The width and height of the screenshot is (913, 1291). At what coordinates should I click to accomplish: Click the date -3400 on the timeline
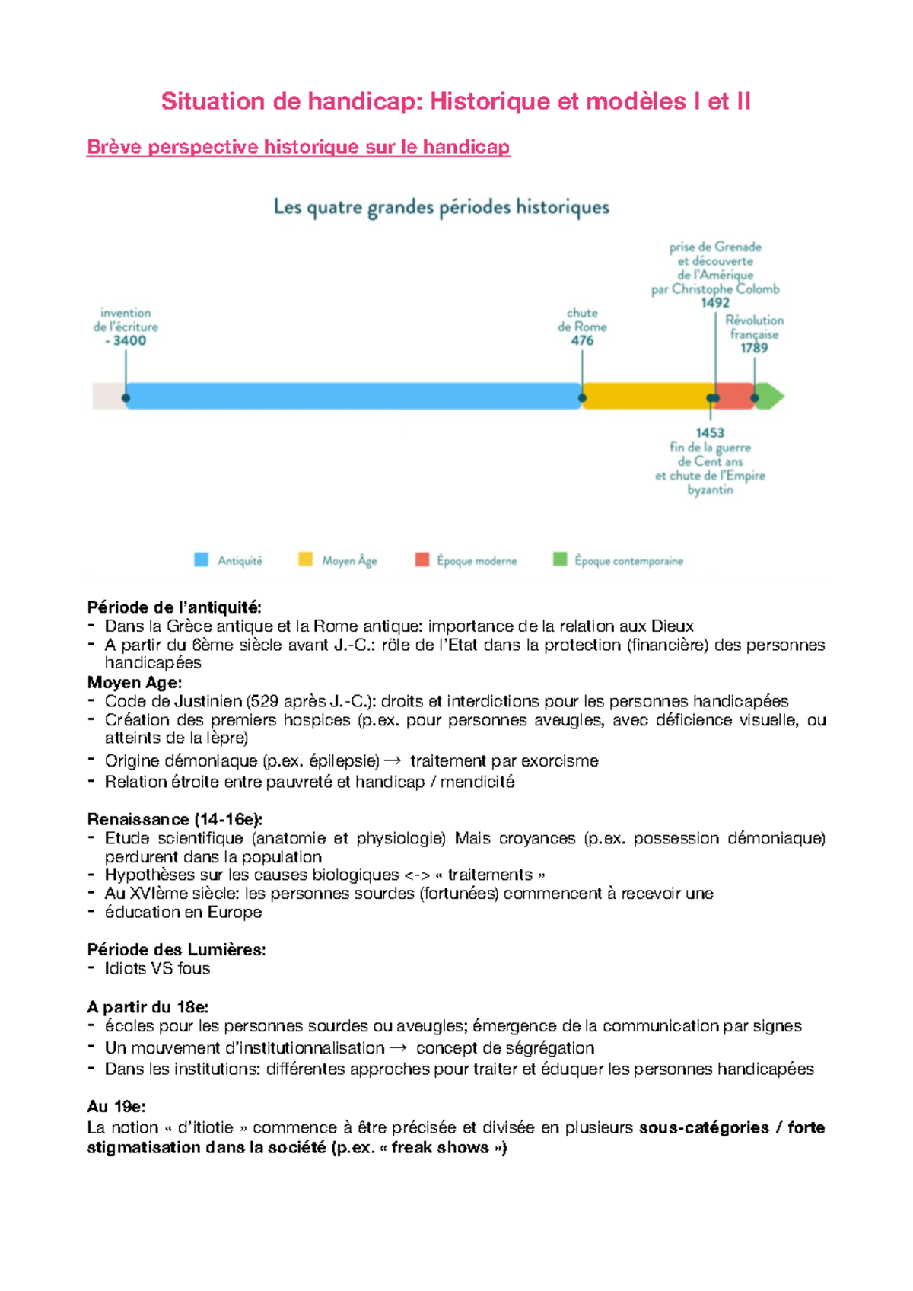(x=127, y=340)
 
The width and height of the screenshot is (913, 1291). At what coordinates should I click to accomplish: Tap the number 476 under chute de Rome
(x=582, y=340)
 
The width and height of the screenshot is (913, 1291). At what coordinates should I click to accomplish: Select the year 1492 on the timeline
(x=715, y=302)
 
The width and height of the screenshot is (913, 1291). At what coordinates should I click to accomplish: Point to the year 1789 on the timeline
(x=754, y=348)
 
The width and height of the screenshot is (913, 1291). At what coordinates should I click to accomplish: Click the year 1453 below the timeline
(x=710, y=432)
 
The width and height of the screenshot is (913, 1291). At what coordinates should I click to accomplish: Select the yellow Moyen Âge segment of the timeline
(x=647, y=397)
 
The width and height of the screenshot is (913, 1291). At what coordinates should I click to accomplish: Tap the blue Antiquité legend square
(x=201, y=559)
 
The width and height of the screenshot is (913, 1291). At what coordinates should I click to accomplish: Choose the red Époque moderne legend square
(x=422, y=559)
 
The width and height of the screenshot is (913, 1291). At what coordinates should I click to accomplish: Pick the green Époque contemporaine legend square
(x=560, y=559)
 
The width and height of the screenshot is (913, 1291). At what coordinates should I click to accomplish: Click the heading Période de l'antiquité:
(x=174, y=607)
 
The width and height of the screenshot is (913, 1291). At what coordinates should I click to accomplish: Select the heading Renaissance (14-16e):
(x=175, y=819)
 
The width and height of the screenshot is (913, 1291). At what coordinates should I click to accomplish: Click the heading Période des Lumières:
(x=177, y=949)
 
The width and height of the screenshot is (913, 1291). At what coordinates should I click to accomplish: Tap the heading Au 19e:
(x=116, y=1106)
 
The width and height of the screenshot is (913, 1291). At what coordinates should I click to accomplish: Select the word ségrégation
(x=542, y=1047)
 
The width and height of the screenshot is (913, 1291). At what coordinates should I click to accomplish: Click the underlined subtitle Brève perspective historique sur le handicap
(x=298, y=147)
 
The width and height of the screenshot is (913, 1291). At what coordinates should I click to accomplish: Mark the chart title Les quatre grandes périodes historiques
(x=441, y=207)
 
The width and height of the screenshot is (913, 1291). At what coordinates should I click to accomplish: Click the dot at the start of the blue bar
(x=126, y=397)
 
